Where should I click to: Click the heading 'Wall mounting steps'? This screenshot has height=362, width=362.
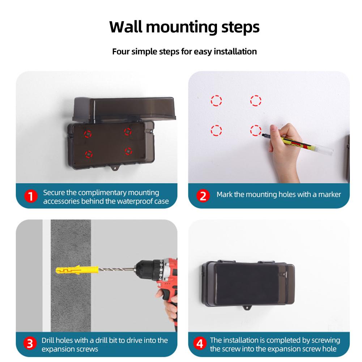[184, 27]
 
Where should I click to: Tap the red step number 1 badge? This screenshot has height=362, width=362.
[31, 196]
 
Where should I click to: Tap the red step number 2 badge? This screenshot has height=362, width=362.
[203, 196]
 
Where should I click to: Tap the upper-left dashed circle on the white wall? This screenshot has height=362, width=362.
[216, 101]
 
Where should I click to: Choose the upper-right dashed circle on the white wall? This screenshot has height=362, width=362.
[256, 101]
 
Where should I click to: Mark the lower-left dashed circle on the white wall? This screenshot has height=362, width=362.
[216, 129]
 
